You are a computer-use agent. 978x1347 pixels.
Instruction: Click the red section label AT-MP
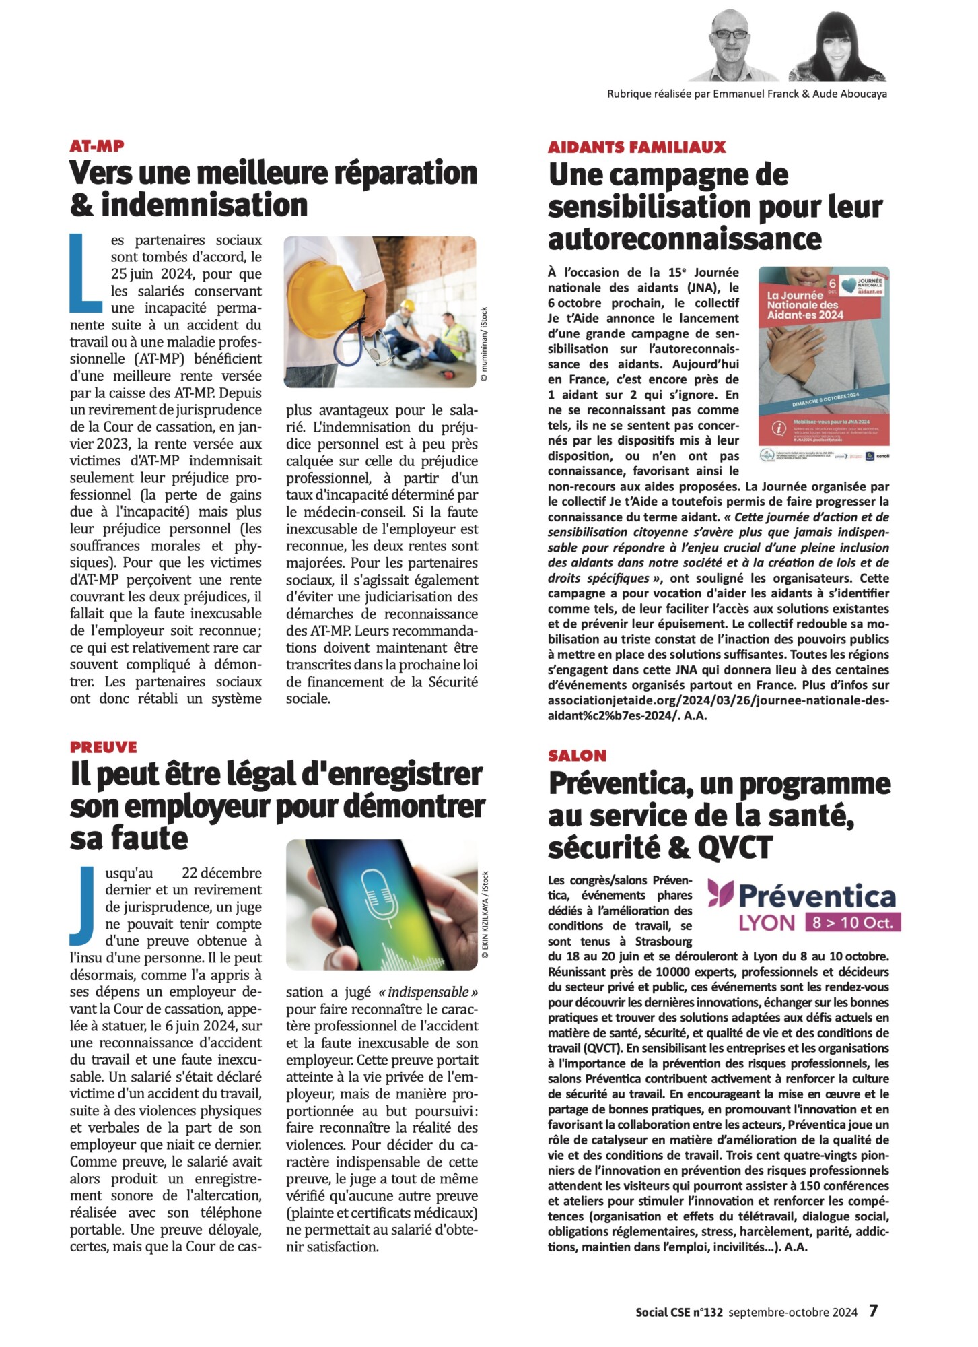[x=97, y=146]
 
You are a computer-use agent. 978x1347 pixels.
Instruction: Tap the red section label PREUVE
[x=103, y=747]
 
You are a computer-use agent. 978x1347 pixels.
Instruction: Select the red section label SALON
[x=577, y=756]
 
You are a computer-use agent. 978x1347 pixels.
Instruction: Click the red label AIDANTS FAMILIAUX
[x=637, y=147]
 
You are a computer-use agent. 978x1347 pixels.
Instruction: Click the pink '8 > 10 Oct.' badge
[x=852, y=923]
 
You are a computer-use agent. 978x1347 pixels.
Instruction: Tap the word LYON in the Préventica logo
[x=767, y=923]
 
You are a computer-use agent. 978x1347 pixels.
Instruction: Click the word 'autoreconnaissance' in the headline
[x=685, y=239]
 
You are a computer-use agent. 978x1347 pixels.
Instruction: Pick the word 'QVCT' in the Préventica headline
[x=735, y=847]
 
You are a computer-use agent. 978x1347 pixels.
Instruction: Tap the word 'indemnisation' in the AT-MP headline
[x=204, y=205]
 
